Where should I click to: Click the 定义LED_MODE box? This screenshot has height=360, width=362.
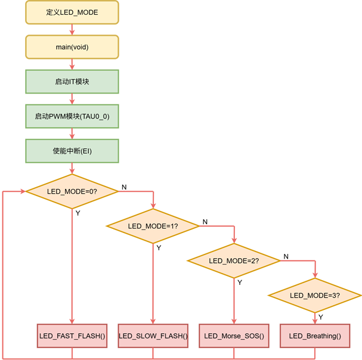(72, 13)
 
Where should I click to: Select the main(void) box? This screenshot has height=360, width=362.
(72, 46)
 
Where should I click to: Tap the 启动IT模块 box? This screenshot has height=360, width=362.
(72, 81)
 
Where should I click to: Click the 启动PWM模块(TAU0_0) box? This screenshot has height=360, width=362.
(72, 116)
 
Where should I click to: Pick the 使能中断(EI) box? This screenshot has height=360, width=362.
(72, 150)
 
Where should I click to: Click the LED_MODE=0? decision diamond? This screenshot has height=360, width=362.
(72, 191)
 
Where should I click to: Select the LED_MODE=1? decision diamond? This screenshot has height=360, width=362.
(153, 226)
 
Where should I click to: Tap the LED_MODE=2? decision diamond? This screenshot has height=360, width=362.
(234, 260)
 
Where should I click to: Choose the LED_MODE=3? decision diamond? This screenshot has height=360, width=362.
(315, 295)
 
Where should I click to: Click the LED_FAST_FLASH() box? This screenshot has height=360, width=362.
(72, 336)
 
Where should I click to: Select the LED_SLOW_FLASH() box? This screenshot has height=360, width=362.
(153, 336)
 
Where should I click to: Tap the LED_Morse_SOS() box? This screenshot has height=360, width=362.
(234, 336)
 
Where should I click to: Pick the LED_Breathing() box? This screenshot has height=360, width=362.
(315, 336)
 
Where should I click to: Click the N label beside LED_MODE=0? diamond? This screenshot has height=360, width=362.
(124, 187)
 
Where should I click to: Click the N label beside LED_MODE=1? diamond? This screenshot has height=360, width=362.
(205, 222)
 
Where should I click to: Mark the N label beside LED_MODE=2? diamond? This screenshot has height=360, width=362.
(286, 256)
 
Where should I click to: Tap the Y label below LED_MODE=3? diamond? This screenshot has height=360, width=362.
(321, 316)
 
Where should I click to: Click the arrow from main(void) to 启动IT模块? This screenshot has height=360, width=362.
(72, 64)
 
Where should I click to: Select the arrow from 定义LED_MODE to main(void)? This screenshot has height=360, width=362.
(72, 29)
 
